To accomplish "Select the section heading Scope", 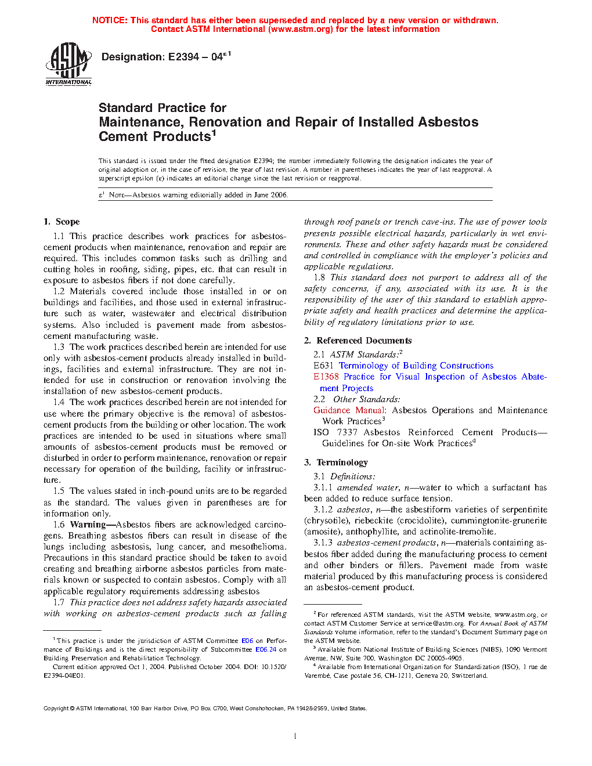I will pos(67,222).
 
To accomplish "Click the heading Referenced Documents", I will pos(364,341).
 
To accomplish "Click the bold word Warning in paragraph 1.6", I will pos(88,525).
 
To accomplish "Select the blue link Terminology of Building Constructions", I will pos(416,366).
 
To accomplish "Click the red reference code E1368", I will pos(326,377).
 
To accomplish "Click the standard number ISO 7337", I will pos(335,432).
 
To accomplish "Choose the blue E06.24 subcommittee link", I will pos(266,649).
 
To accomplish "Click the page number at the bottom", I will pos(295,736).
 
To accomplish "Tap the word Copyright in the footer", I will pos(56,708).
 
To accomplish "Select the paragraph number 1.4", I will pos(59,402).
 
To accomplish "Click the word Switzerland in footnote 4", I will pos(468,675).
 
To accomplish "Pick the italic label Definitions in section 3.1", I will pos(352,476).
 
